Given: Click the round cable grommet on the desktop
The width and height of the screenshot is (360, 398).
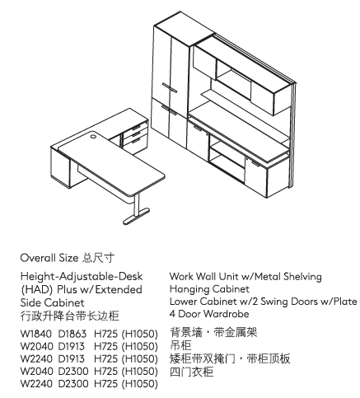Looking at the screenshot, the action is (x=93, y=136).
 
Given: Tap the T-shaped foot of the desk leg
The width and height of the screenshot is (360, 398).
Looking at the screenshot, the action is (x=137, y=216).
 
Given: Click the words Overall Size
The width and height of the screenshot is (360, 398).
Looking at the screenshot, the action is (x=49, y=258).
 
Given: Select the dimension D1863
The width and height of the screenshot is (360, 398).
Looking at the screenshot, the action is (x=72, y=334).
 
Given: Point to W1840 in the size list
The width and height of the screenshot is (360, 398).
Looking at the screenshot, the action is (x=36, y=334).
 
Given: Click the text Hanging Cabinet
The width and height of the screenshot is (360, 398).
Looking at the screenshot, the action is (x=209, y=289).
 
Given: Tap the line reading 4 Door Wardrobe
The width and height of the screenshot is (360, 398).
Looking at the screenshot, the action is (x=209, y=314).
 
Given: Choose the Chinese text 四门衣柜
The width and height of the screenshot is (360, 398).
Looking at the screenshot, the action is (x=192, y=372).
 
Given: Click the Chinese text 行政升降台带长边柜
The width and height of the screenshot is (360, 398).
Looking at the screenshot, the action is (x=70, y=316).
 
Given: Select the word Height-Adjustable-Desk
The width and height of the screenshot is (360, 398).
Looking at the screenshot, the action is (x=82, y=276).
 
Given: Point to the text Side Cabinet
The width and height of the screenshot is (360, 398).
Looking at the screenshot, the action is (x=52, y=302).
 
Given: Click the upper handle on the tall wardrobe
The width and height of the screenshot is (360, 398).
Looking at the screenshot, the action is (x=170, y=87).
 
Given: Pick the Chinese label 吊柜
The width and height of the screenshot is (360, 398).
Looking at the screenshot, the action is (x=180, y=345).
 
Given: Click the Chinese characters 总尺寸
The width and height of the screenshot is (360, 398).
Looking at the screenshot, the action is (x=98, y=258).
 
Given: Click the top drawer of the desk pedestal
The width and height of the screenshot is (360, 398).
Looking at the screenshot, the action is (x=136, y=128).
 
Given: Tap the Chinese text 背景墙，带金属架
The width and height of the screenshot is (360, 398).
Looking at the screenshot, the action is (x=213, y=332).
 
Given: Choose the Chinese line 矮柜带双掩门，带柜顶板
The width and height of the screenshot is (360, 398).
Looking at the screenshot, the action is (x=230, y=358).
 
